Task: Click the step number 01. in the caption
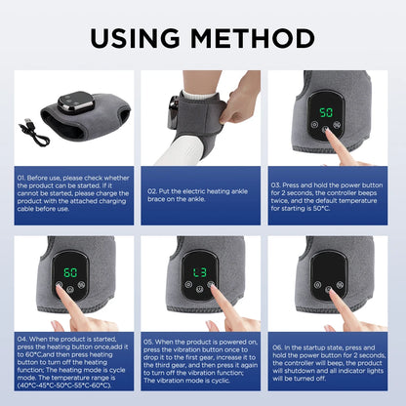point(24,179)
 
